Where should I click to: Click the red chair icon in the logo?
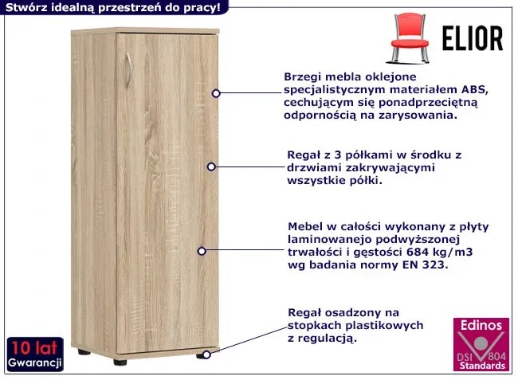[410, 38]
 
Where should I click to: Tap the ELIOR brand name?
[473, 38]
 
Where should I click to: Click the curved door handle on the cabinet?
[129, 70]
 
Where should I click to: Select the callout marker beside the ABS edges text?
[216, 93]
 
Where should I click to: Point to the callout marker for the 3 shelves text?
[211, 166]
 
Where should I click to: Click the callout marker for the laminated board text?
[202, 251]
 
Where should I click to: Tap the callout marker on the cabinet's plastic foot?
[206, 355]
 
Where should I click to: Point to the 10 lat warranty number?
[34, 348]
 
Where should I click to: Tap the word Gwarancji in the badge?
[35, 362]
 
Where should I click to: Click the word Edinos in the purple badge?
[481, 326]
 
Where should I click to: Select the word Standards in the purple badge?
[482, 366]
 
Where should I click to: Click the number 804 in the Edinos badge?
[496, 357]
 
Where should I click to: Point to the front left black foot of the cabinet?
[120, 362]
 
